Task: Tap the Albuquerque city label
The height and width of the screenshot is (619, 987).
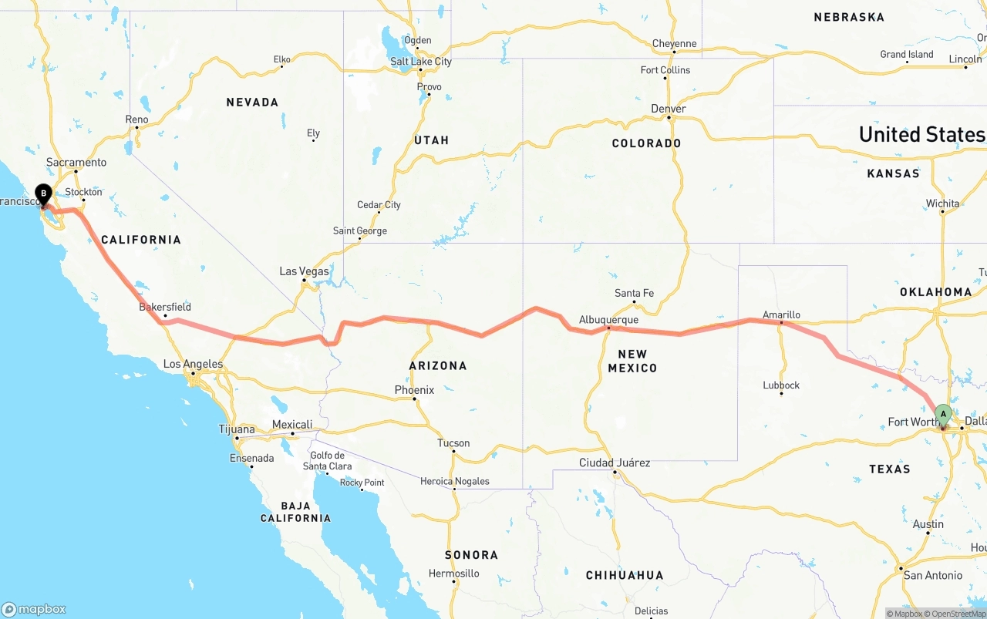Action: click(x=608, y=320)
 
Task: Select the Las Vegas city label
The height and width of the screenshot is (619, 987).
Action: click(x=304, y=271)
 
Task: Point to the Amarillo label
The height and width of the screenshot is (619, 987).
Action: click(x=781, y=315)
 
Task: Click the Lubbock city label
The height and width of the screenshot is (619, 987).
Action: click(x=781, y=385)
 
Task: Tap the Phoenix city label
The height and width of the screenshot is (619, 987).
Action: click(x=414, y=390)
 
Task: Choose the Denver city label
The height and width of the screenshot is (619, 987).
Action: click(x=668, y=109)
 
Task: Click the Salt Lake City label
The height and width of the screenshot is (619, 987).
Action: click(x=421, y=62)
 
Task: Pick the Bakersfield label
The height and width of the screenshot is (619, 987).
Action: click(x=165, y=307)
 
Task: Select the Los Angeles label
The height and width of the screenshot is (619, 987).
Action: click(x=193, y=364)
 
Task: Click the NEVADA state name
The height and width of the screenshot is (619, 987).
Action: click(x=252, y=102)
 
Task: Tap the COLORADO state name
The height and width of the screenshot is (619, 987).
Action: click(x=646, y=143)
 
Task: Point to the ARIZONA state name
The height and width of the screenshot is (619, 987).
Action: click(x=437, y=365)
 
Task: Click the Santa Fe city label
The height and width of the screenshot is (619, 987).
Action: click(x=634, y=293)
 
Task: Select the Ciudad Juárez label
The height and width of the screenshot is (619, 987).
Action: click(x=615, y=463)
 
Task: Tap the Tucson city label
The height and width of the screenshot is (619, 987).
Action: click(x=453, y=443)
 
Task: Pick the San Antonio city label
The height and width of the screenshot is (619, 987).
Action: click(x=933, y=575)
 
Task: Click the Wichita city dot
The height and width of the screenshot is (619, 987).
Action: click(x=942, y=212)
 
